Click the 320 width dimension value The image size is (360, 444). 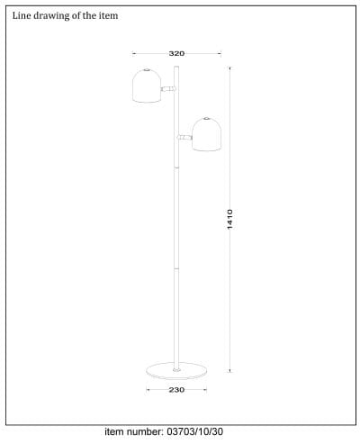pos(176,54)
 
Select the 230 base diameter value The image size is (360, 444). pos(176,390)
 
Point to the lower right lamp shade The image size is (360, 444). pos(207,135)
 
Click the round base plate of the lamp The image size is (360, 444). pos(176,368)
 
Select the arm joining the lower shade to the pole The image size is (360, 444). pos(184,137)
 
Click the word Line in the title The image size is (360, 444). pos(22,16)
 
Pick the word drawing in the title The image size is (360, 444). pos(52,16)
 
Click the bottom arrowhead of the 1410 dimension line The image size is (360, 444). pos(231,368)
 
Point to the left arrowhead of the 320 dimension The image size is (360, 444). pos(133,54)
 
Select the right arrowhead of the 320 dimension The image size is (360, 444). pos(219,54)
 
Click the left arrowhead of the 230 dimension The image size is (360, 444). pos(148,390)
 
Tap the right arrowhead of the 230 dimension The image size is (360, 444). pos(205,390)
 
